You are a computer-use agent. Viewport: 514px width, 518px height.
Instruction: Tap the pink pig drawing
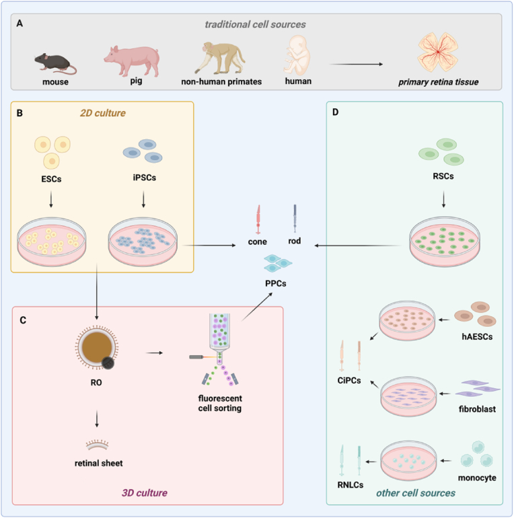point(132,61)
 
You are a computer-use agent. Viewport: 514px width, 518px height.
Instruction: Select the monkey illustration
point(220,58)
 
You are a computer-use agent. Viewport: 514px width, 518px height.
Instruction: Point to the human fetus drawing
point(297,55)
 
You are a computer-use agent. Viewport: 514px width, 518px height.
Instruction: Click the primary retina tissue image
point(438,52)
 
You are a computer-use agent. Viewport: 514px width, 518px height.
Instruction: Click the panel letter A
point(20,24)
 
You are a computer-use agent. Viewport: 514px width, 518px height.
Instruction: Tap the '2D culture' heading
point(103,113)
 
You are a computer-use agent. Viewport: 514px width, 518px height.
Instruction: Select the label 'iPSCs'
point(145,178)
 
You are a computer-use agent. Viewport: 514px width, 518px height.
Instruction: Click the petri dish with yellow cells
point(52,242)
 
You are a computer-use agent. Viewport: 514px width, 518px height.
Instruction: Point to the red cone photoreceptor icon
point(258,219)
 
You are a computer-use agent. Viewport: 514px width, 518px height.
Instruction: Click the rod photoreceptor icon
point(295,219)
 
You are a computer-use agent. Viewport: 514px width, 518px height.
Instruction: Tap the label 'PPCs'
point(275,283)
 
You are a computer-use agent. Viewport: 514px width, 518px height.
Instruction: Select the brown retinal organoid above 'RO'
point(97,348)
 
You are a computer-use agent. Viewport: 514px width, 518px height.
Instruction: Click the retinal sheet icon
point(97,445)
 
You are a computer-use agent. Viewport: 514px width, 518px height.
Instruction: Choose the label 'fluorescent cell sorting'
point(220,403)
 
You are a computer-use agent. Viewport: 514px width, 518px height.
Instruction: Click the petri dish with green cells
point(444,242)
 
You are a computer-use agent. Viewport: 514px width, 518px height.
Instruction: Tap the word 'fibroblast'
point(477,409)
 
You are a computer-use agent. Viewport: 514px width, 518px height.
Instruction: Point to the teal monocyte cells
point(477,454)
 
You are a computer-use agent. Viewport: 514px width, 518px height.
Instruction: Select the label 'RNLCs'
point(350,485)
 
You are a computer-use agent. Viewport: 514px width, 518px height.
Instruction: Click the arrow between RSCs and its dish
point(443,199)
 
